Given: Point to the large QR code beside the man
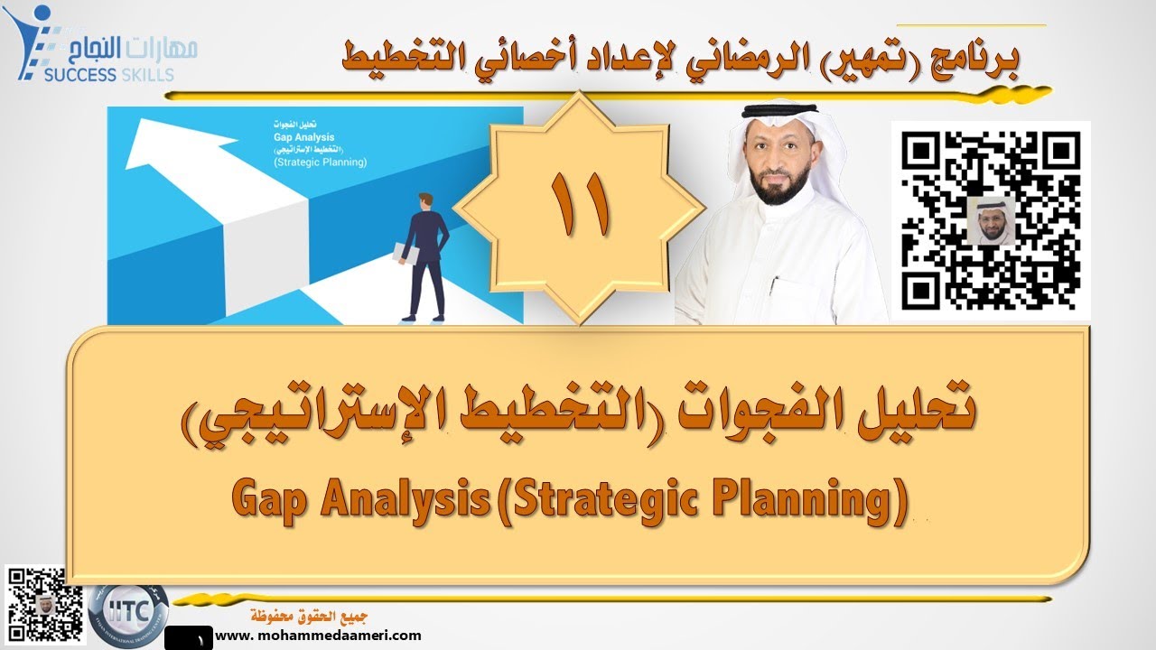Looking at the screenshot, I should [x=991, y=219].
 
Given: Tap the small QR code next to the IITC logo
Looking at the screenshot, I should [x=35, y=596].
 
